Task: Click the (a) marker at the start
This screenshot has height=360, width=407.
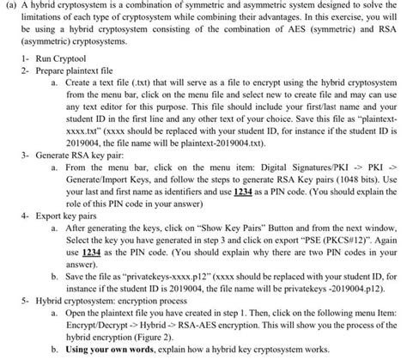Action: [x=12, y=7]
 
